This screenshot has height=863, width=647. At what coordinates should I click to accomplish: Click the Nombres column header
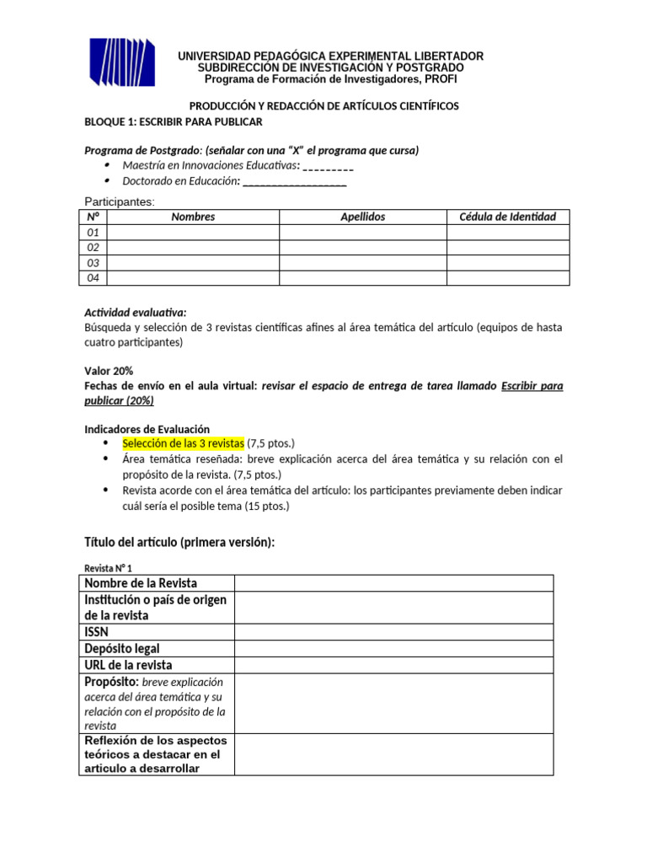(193, 217)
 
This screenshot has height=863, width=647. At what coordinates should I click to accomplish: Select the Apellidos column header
(362, 217)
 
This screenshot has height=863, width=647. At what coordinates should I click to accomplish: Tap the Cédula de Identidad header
(507, 217)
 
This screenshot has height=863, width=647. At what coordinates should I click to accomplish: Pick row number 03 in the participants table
(94, 262)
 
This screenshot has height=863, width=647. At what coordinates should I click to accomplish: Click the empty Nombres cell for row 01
(193, 232)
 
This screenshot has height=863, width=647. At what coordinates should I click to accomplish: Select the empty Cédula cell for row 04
(507, 277)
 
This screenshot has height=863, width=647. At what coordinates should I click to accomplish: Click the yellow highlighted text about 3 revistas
(183, 443)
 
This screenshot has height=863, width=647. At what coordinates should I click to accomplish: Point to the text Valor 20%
(109, 371)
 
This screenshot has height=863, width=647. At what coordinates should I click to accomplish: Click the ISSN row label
(97, 631)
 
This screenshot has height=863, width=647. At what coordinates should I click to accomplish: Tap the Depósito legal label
(122, 648)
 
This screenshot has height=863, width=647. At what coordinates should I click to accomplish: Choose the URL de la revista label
(128, 665)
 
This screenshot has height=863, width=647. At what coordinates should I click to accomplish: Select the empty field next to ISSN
(393, 631)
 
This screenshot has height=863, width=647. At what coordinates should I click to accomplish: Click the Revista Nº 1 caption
(108, 568)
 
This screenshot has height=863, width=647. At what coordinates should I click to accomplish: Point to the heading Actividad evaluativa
(136, 312)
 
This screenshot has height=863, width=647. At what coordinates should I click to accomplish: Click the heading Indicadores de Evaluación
(147, 429)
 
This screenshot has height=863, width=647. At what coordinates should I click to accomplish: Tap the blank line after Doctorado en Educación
(294, 181)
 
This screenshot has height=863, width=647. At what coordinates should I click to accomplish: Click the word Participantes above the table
(120, 201)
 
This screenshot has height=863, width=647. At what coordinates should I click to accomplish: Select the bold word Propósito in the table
(111, 681)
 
